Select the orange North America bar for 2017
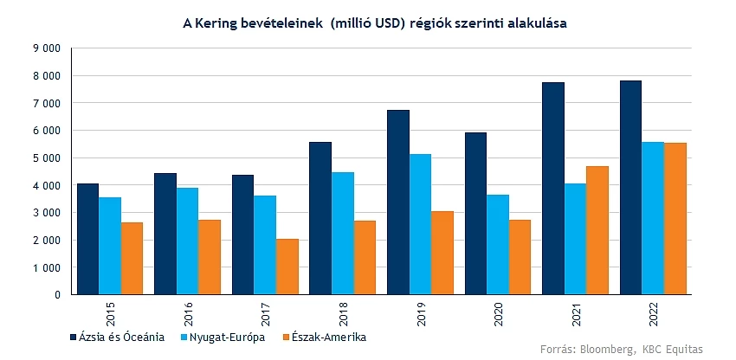point(287,267)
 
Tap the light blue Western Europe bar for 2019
point(420,224)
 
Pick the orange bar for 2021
point(597,230)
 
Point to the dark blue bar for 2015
point(87,239)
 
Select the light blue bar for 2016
point(187,241)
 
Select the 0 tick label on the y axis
point(57,295)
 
